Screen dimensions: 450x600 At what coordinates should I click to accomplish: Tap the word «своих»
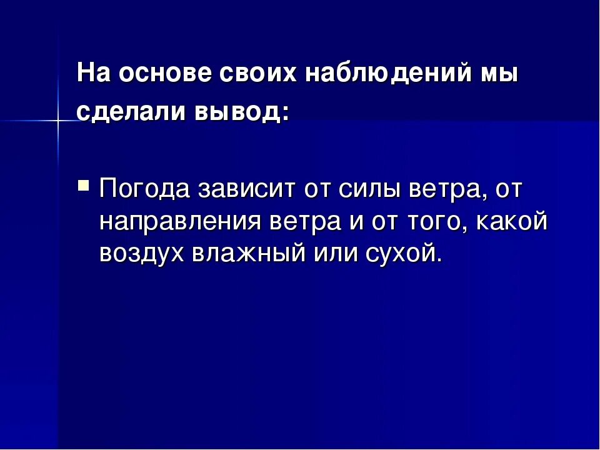click(259, 74)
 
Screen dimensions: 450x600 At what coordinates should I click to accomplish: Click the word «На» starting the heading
click(94, 74)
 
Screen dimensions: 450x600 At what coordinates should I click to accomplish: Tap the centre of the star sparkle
click(58, 119)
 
